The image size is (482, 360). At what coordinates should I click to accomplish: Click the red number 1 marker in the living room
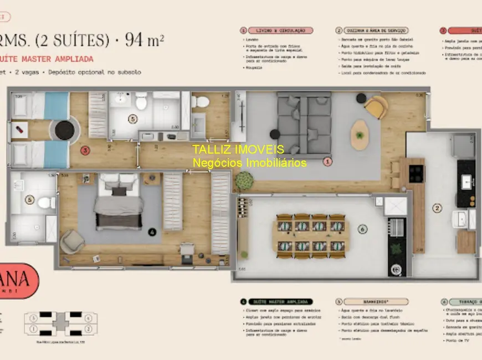coord(327,162)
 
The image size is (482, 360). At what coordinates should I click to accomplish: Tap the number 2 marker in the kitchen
coord(437,208)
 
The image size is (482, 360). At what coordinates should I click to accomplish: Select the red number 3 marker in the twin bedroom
coord(85,150)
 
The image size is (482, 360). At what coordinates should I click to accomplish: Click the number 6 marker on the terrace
coord(362,228)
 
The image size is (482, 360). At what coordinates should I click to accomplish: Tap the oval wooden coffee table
coord(360,134)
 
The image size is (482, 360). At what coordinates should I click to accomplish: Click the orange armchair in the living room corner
coord(376,107)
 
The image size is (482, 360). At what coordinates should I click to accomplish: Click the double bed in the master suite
coord(119,202)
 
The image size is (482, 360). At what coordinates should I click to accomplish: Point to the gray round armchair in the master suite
coord(72,241)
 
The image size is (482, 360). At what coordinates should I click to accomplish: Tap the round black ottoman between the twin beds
coord(64,130)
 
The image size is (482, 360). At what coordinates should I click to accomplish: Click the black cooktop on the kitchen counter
coord(416,173)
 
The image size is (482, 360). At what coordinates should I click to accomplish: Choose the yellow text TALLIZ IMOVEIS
coord(238,150)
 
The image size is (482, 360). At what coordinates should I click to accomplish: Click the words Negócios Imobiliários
coord(249,163)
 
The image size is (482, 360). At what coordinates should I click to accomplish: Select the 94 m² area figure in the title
coord(145,40)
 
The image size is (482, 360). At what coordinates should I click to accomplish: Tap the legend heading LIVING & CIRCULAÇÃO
coord(280,30)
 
